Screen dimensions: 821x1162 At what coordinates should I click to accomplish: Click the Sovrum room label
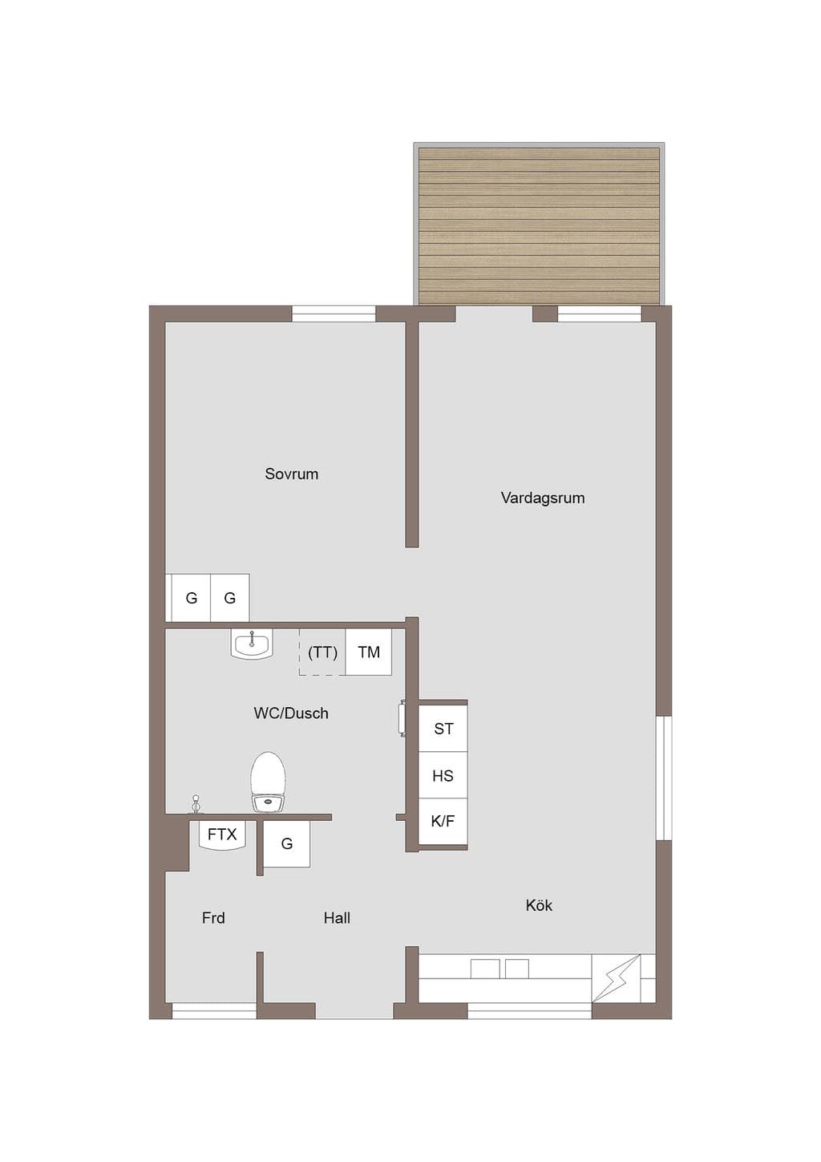291,473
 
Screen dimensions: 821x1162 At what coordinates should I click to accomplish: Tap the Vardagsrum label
542,498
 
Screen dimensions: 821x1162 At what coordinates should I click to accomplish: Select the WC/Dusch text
291,713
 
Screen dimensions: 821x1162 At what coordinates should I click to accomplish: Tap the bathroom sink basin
252,645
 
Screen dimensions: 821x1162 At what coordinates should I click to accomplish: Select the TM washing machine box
369,652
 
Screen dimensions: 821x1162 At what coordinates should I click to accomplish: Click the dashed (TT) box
322,652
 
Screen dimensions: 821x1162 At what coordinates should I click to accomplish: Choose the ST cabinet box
443,729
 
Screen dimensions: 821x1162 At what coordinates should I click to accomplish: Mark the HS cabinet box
443,775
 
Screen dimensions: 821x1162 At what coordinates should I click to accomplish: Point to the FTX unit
222,835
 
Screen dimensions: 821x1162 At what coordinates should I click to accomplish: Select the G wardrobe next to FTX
286,844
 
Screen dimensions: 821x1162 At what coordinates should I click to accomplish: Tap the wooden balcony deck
539,226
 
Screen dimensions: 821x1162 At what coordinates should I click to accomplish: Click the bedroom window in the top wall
334,314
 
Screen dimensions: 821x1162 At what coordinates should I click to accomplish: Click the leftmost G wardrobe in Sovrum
192,598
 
